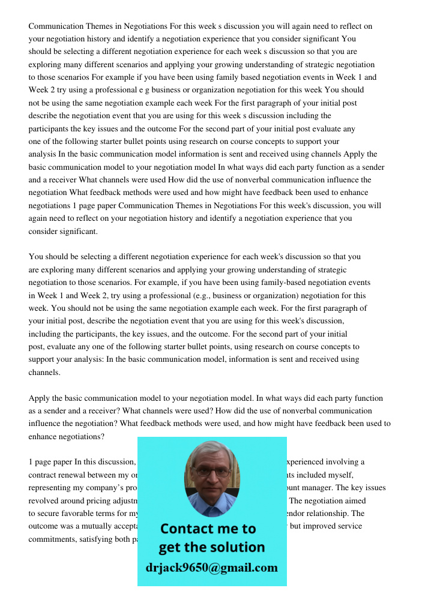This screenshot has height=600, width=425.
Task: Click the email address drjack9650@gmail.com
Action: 211,568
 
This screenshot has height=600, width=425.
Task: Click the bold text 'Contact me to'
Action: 208,529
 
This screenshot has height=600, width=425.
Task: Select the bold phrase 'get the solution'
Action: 211,547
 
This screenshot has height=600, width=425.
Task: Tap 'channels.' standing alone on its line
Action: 44,372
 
